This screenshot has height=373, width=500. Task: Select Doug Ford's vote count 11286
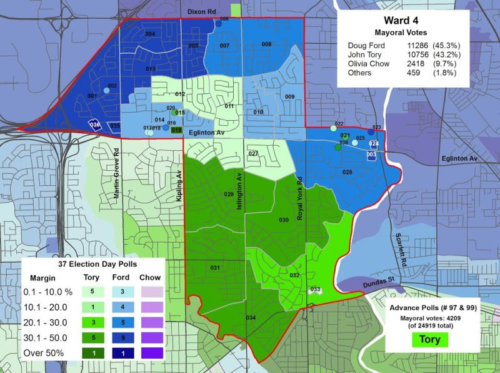[416, 45]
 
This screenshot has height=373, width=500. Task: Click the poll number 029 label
[229, 195]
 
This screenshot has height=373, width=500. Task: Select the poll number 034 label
[251, 318]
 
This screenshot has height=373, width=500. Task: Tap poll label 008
[266, 44]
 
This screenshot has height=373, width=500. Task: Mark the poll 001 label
[92, 96]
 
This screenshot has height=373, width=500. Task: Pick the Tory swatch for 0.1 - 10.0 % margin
[92, 291]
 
